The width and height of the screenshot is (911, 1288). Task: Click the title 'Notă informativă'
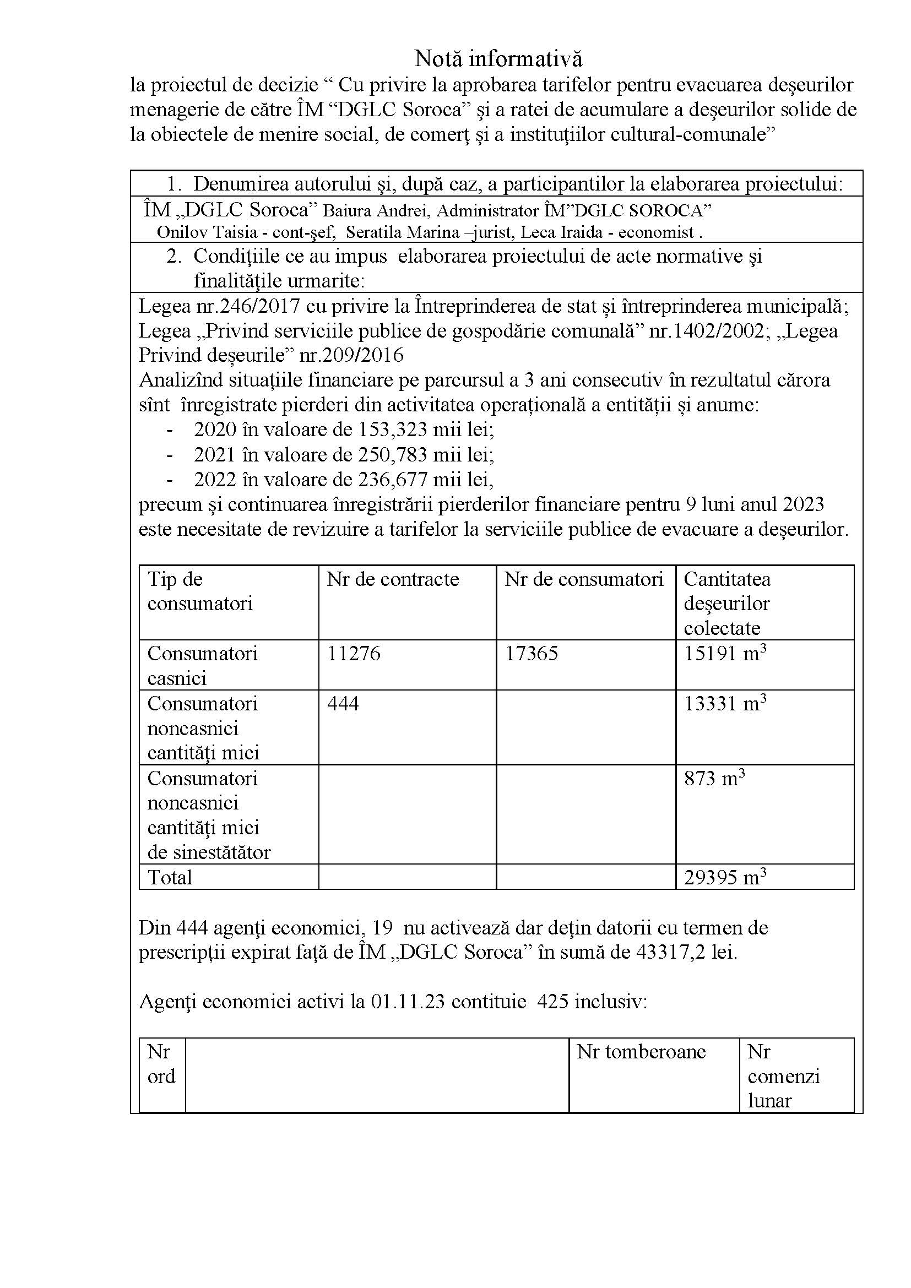click(498, 58)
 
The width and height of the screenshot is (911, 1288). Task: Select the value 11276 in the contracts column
click(354, 653)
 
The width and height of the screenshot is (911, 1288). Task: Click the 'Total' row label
click(170, 877)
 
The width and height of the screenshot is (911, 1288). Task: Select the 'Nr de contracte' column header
click(393, 579)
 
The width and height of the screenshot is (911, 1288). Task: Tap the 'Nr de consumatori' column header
click(583, 579)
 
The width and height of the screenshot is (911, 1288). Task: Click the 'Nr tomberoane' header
click(641, 1052)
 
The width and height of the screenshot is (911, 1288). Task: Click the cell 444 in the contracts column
click(343, 703)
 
